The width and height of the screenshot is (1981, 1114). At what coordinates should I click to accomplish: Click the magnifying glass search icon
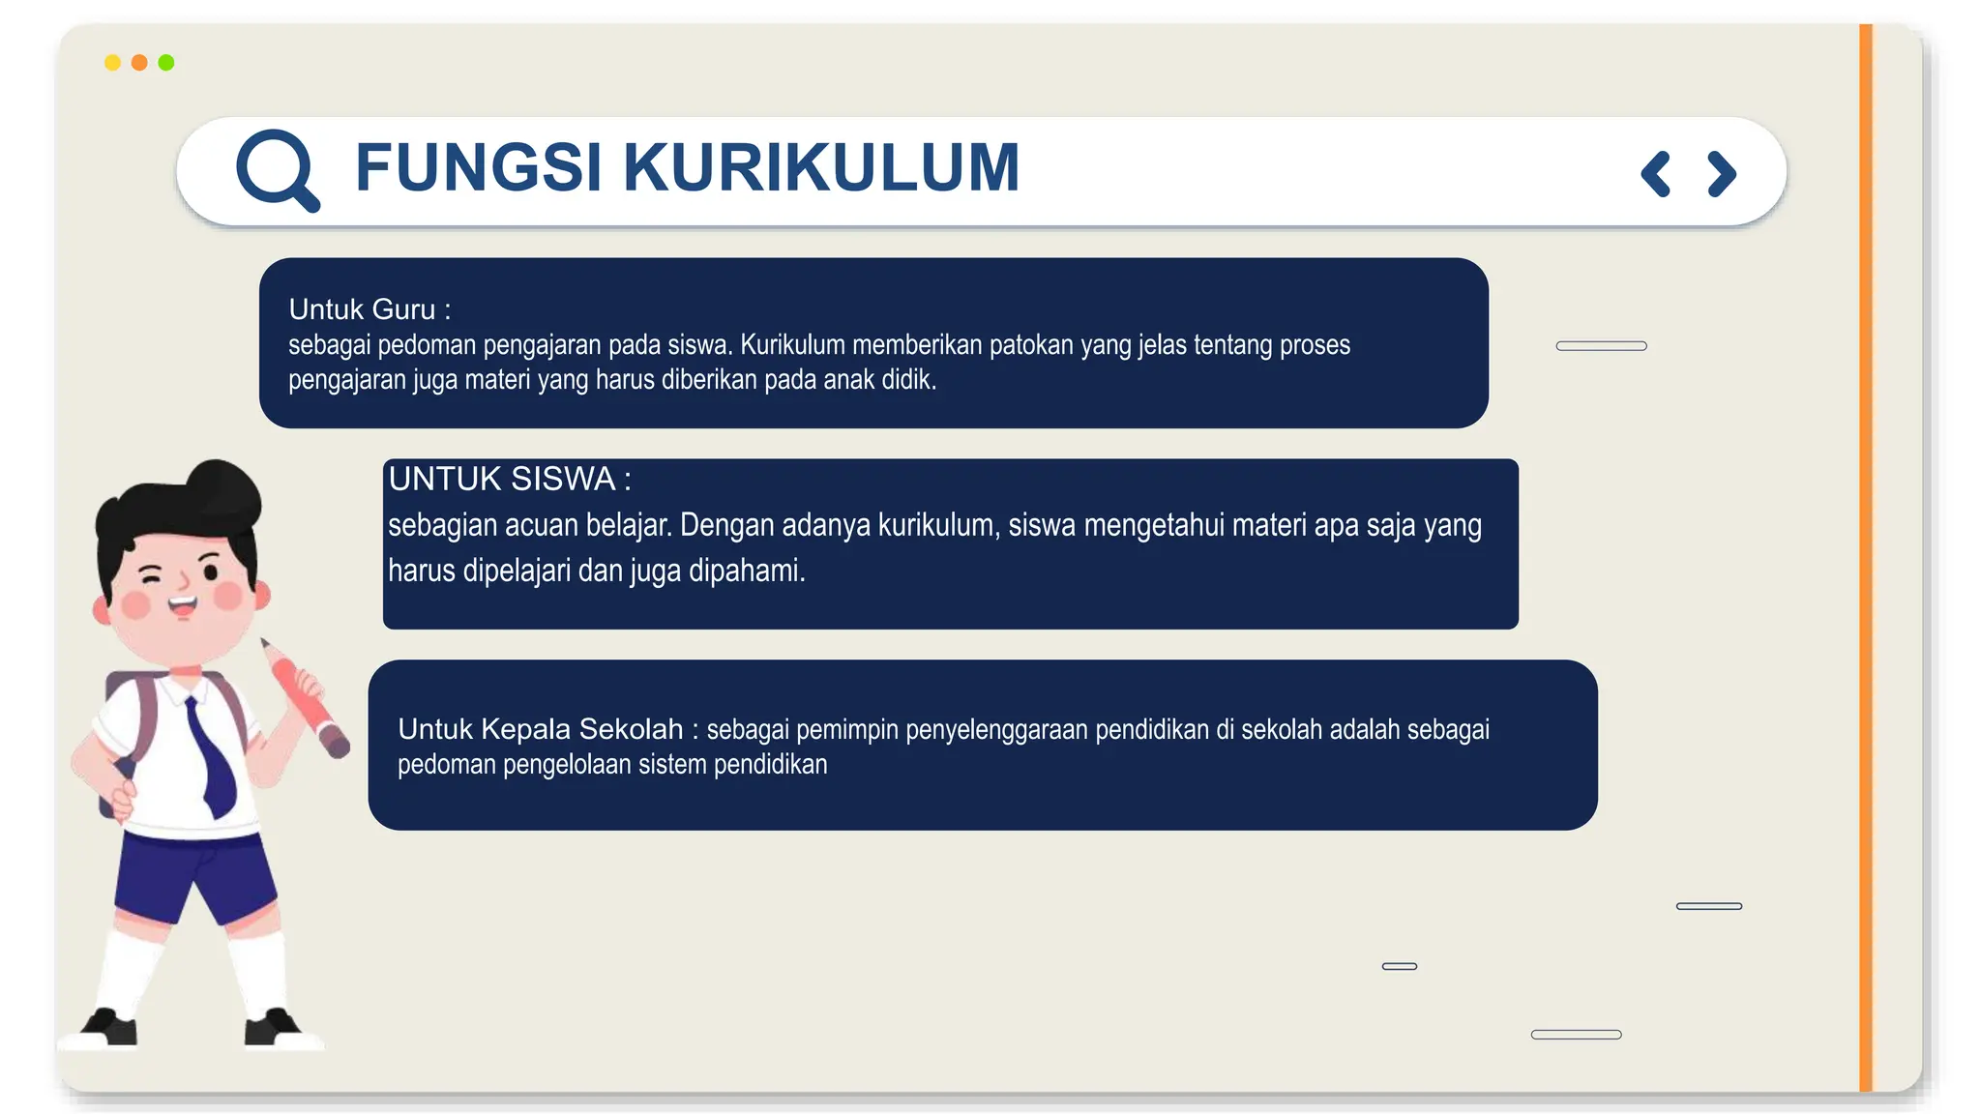coord(277,169)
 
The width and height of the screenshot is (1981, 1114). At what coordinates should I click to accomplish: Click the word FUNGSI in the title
coord(478,167)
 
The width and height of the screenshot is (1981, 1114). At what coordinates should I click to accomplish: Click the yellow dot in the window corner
coord(112,63)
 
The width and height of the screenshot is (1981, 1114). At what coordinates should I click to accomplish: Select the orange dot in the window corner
coord(139,63)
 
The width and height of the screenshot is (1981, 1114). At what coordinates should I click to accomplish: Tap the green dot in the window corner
coord(166,63)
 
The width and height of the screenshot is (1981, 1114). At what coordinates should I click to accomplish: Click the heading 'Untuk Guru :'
coord(370,309)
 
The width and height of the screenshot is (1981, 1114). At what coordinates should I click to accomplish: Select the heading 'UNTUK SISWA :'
coord(509,479)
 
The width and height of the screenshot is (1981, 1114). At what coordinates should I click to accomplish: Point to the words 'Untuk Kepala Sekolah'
coord(540,729)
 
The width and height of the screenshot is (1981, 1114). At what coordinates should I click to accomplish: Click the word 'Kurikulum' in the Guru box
coord(792,345)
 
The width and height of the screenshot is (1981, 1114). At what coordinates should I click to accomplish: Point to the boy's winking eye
coord(152,576)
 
